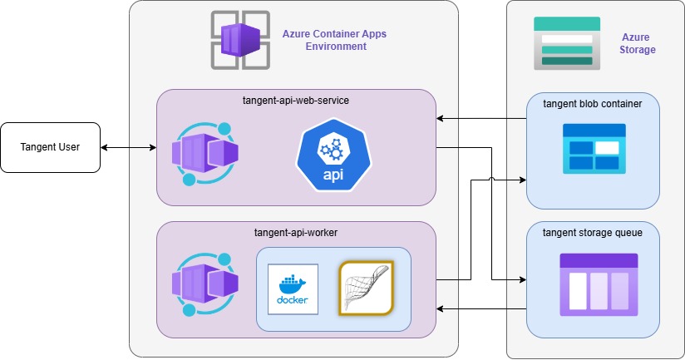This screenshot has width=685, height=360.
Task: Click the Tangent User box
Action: pyautogui.click(x=51, y=148)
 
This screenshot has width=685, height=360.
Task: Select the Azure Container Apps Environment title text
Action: pyautogui.click(x=335, y=40)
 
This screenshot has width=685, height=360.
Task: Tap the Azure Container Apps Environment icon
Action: pyautogui.click(x=239, y=40)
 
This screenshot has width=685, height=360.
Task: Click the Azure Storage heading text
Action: pyautogui.click(x=638, y=43)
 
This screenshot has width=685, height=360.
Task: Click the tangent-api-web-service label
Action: pyautogui.click(x=295, y=101)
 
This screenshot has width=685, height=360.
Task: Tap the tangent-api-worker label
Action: pyautogui.click(x=296, y=233)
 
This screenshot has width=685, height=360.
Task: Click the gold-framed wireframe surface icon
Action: pyautogui.click(x=365, y=288)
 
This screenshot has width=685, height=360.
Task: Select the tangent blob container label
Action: pyautogui.click(x=593, y=104)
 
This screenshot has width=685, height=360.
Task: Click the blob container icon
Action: pyautogui.click(x=594, y=149)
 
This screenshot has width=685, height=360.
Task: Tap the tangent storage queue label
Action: pyautogui.click(x=593, y=233)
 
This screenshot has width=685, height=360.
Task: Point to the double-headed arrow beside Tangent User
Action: pyautogui.click(x=129, y=148)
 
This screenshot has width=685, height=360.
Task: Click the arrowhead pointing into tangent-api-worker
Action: pyautogui.click(x=441, y=309)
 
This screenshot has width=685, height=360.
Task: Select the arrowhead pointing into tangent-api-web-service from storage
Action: pyautogui.click(x=441, y=120)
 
